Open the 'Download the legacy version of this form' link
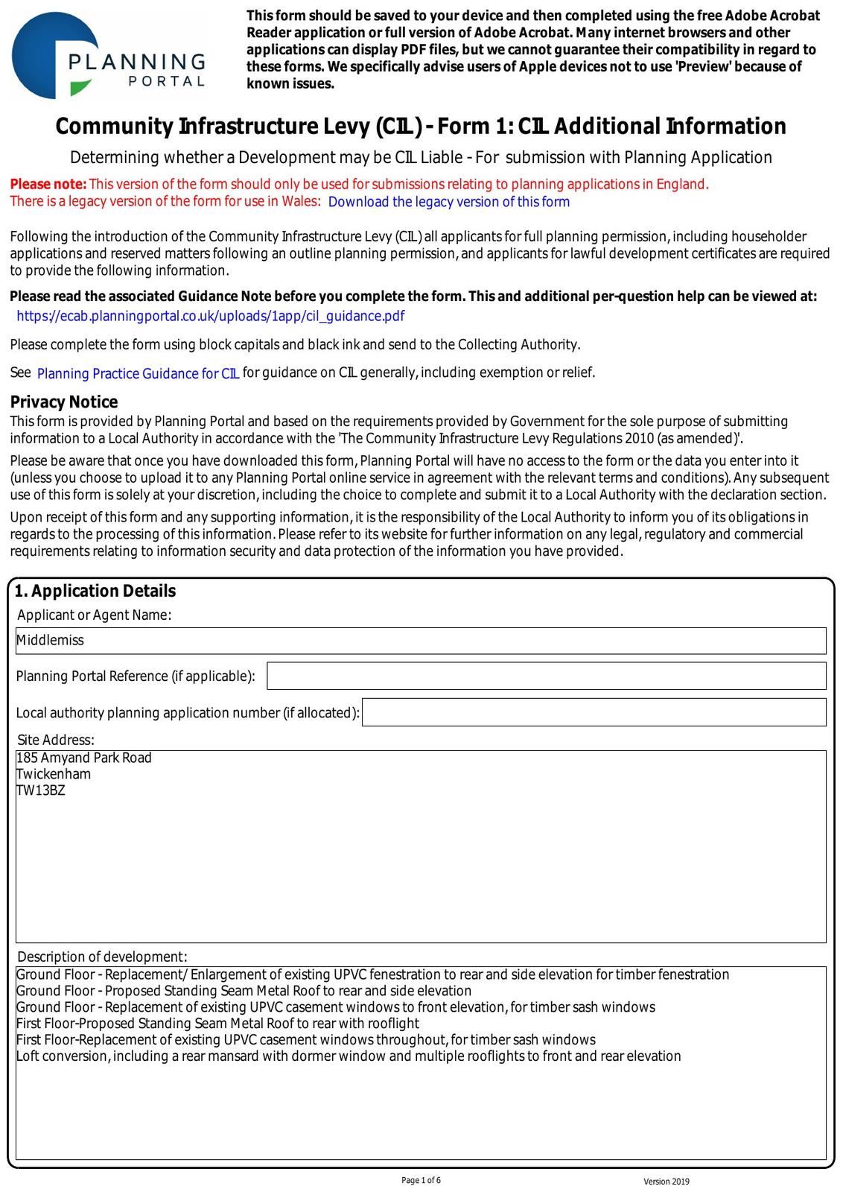tap(448, 202)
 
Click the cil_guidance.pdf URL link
tap(211, 316)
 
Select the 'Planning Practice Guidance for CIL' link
tap(138, 373)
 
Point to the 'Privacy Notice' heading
tap(64, 402)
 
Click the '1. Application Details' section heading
tap(95, 591)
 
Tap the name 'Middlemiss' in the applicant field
tap(51, 640)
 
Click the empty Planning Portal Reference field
tap(546, 676)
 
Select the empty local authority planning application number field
tap(594, 712)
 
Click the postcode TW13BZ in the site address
tap(41, 790)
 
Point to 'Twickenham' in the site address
tap(54, 774)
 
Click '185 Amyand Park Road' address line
tap(84, 758)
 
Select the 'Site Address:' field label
tap(56, 740)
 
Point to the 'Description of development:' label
tap(102, 957)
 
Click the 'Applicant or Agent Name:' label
tap(94, 615)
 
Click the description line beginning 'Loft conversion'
tap(349, 1056)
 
